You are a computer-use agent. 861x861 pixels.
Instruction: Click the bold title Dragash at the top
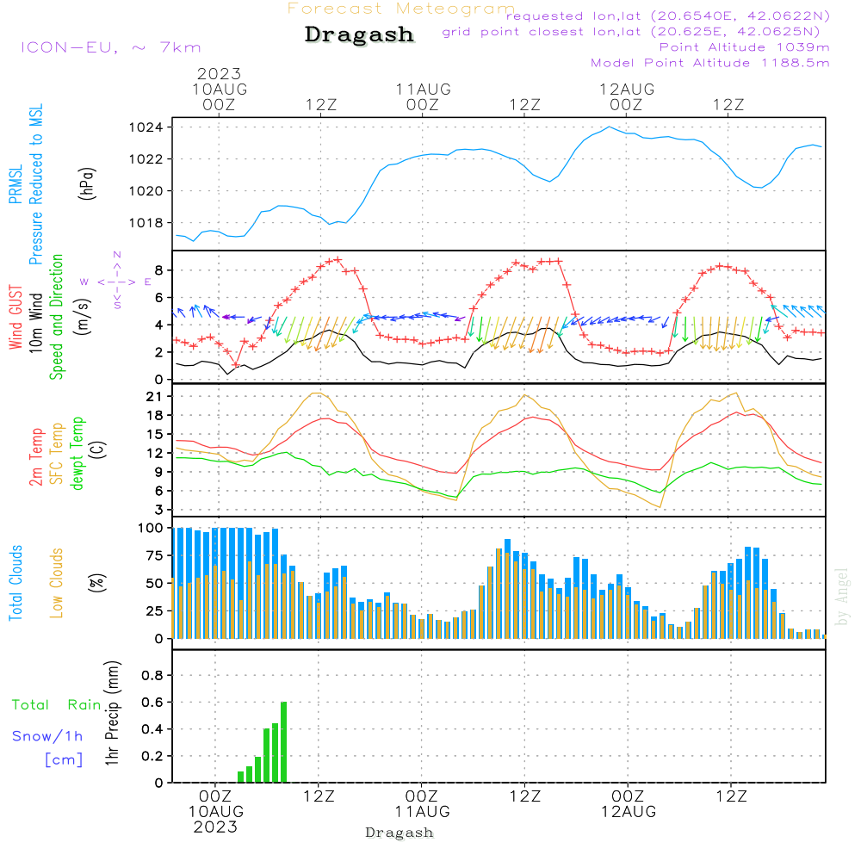click(359, 35)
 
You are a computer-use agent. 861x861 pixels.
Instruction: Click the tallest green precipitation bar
click(283, 742)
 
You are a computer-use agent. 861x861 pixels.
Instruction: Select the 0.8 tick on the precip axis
click(152, 676)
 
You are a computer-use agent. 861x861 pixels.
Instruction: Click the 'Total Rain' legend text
click(56, 704)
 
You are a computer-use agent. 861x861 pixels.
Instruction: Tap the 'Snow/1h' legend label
click(47, 736)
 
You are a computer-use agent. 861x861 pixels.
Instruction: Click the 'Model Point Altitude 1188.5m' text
click(710, 63)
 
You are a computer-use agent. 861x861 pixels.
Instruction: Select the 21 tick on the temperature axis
click(156, 396)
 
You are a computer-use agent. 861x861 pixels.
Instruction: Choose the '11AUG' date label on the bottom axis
click(423, 812)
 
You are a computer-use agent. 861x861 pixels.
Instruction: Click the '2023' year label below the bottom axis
click(215, 827)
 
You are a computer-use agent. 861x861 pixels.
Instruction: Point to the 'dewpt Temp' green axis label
click(77, 454)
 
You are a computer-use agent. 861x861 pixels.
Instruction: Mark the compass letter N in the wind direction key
click(117, 255)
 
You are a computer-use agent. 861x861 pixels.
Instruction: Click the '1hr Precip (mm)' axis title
click(110, 714)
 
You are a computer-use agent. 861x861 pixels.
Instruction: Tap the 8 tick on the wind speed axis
click(158, 270)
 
